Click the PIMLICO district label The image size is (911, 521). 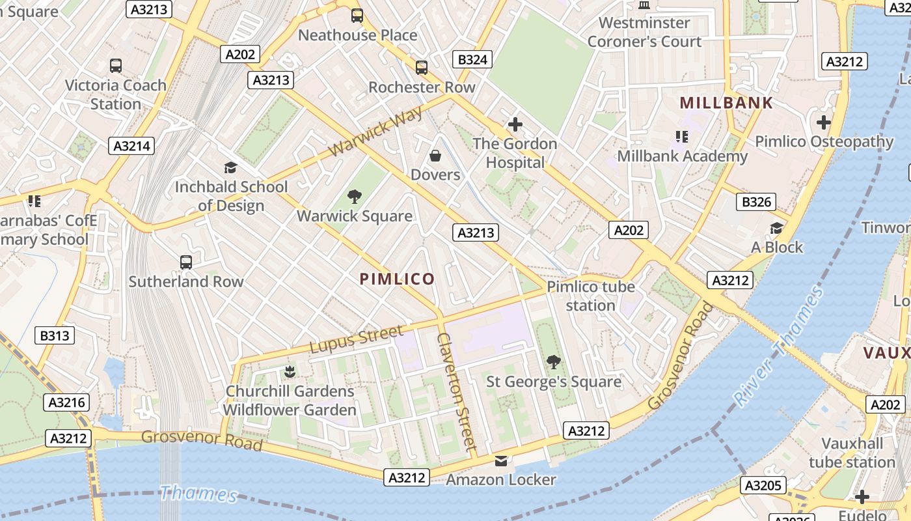click(x=397, y=279)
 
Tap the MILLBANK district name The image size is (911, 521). click(x=726, y=103)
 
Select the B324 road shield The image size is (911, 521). click(x=472, y=60)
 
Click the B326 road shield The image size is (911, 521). click(x=757, y=202)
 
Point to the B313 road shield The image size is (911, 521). click(x=55, y=336)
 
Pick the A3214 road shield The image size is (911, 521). click(x=132, y=146)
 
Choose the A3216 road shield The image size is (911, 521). click(x=68, y=402)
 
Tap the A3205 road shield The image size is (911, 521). click(x=764, y=485)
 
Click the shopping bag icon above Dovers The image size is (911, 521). click(x=435, y=156)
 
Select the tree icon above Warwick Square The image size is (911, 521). click(x=355, y=197)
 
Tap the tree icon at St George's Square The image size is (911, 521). click(x=554, y=361)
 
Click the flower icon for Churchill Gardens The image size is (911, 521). click(x=290, y=372)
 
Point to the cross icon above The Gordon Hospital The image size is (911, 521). click(x=515, y=124)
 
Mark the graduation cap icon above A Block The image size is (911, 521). click(x=776, y=228)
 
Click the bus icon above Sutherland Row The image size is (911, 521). click(x=186, y=262)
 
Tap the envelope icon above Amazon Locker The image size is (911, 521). click(x=500, y=461)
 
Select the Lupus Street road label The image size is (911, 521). click(x=357, y=340)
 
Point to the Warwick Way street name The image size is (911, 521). click(x=375, y=132)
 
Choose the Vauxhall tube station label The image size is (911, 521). click(x=852, y=453)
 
